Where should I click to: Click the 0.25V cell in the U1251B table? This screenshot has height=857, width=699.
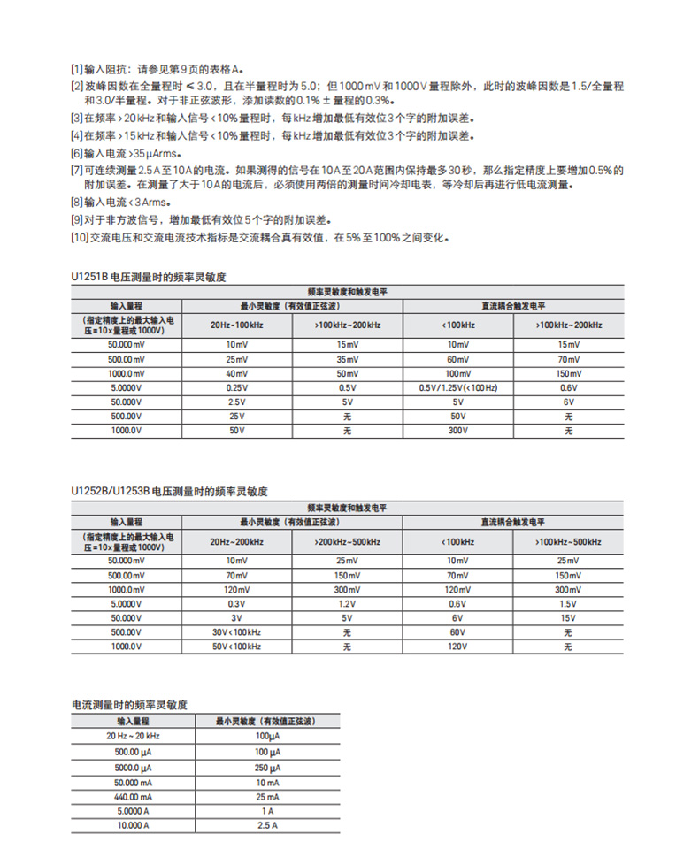tap(235, 387)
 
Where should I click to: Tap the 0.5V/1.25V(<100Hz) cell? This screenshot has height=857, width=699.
tap(457, 387)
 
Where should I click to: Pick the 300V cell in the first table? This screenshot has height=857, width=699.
tap(457, 431)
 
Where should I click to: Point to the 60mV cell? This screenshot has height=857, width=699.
tap(457, 359)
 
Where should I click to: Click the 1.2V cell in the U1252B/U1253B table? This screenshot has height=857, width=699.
tap(348, 604)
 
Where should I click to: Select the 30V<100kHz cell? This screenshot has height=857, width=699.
tap(235, 632)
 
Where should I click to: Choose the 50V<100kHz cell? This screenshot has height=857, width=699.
tap(235, 647)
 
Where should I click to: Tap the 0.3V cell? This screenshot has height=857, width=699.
tap(235, 604)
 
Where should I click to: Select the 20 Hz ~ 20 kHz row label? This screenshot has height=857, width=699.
tap(134, 736)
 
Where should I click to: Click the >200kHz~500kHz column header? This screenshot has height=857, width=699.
tap(348, 541)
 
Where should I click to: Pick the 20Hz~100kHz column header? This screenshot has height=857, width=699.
tap(235, 325)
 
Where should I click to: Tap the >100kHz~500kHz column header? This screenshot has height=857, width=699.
tap(568, 541)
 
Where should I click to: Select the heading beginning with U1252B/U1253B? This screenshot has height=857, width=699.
tap(168, 491)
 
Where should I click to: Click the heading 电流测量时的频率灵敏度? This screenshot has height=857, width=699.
tap(129, 705)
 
